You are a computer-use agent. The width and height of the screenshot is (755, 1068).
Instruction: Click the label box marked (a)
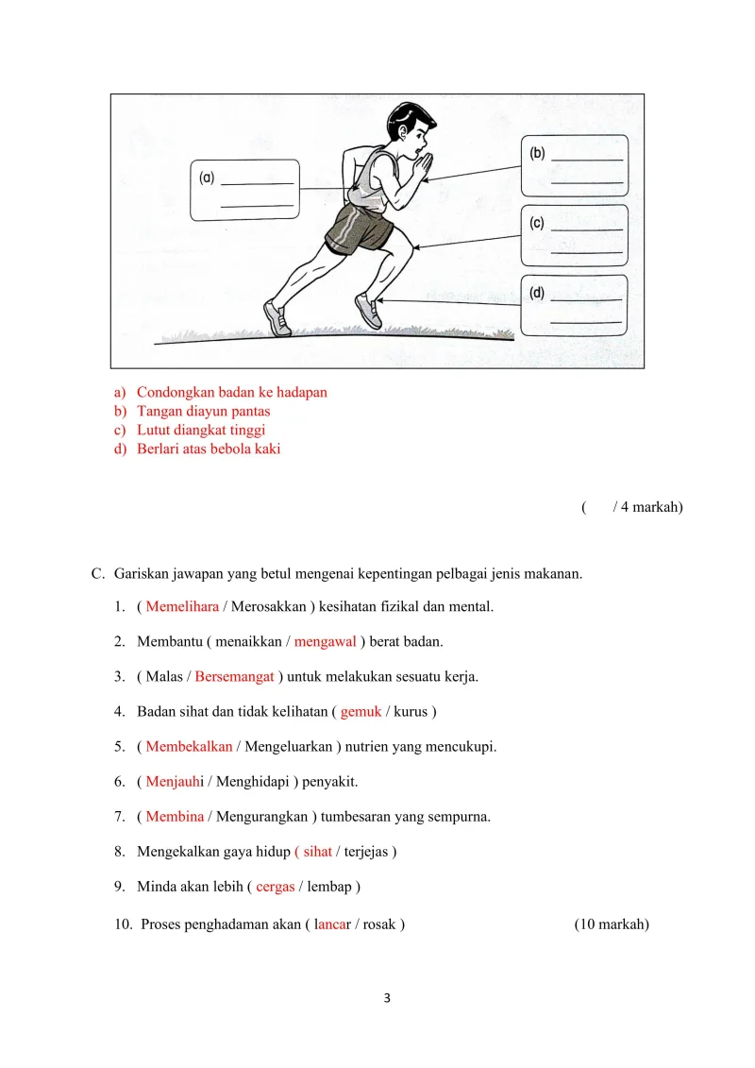pos(245,190)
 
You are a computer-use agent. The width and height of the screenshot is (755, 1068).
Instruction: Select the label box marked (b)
pos(574,165)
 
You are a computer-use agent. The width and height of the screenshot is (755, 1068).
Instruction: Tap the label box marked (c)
pos(574,235)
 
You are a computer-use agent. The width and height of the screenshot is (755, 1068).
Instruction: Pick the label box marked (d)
pos(574,305)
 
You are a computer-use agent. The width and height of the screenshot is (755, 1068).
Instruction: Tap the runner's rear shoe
pos(277,318)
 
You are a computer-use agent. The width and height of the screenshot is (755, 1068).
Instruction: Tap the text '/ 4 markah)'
pos(647,507)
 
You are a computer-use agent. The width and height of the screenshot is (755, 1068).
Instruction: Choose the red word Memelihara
pos(182,606)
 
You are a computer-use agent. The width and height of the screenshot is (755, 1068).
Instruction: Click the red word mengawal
pos(326,642)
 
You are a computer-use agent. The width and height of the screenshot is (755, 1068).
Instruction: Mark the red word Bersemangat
pos(234,677)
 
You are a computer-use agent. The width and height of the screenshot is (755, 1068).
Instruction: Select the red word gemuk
pos(361,711)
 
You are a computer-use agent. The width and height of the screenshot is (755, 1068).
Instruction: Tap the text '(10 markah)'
pos(612,924)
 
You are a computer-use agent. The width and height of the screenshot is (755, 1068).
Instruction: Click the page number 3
pos(387,999)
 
